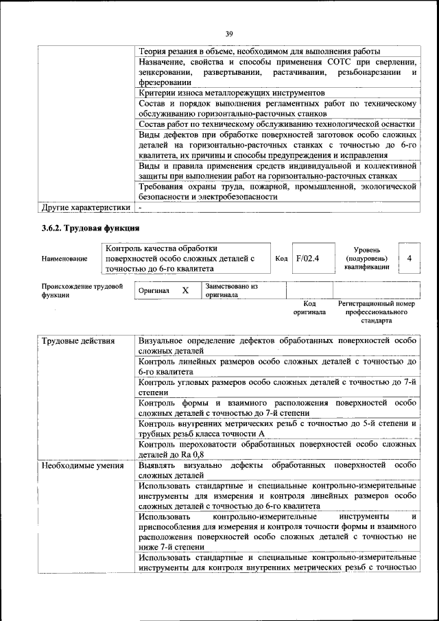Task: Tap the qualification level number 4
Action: coord(410,259)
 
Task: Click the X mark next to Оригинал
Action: coord(185,291)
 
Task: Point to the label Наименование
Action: coord(64,259)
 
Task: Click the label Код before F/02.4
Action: coord(281,259)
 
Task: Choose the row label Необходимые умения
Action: coord(83,466)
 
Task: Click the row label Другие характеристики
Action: coord(86,207)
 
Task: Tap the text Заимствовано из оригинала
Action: coord(231,291)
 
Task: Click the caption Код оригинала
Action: coord(309,307)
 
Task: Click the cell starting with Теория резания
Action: coord(259,51)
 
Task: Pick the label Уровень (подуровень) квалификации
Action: coord(367,259)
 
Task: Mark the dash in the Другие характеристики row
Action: coord(140,207)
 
